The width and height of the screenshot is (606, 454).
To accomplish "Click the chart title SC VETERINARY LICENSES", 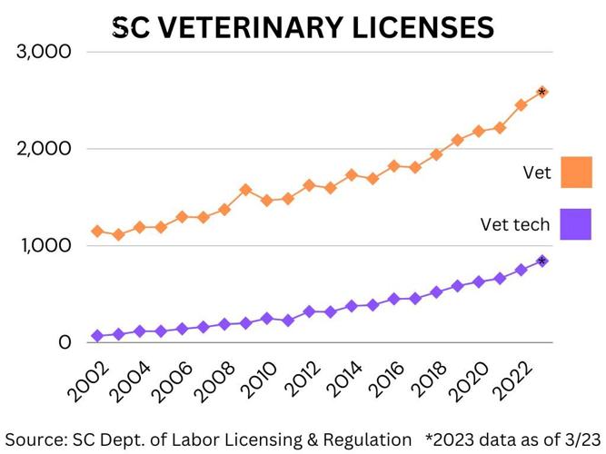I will (303, 27).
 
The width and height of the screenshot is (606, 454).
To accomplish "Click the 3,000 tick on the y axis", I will (45, 52).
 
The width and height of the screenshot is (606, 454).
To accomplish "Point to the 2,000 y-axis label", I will (45, 149).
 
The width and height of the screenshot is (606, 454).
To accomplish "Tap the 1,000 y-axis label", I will (45, 246).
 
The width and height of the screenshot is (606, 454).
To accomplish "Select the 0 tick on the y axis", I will (65, 343).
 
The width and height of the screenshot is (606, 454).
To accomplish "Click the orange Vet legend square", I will (576, 173).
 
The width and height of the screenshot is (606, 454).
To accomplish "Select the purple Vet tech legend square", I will (576, 224).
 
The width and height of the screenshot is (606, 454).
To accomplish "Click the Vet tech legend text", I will (515, 224).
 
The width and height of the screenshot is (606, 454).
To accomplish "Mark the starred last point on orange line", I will (542, 93).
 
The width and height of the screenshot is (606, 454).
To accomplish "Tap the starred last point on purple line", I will (542, 261).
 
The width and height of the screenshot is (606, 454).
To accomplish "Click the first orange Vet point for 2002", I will (97, 232).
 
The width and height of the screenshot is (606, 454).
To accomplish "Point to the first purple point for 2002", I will (97, 336).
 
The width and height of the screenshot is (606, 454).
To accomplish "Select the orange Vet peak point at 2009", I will (245, 190).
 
